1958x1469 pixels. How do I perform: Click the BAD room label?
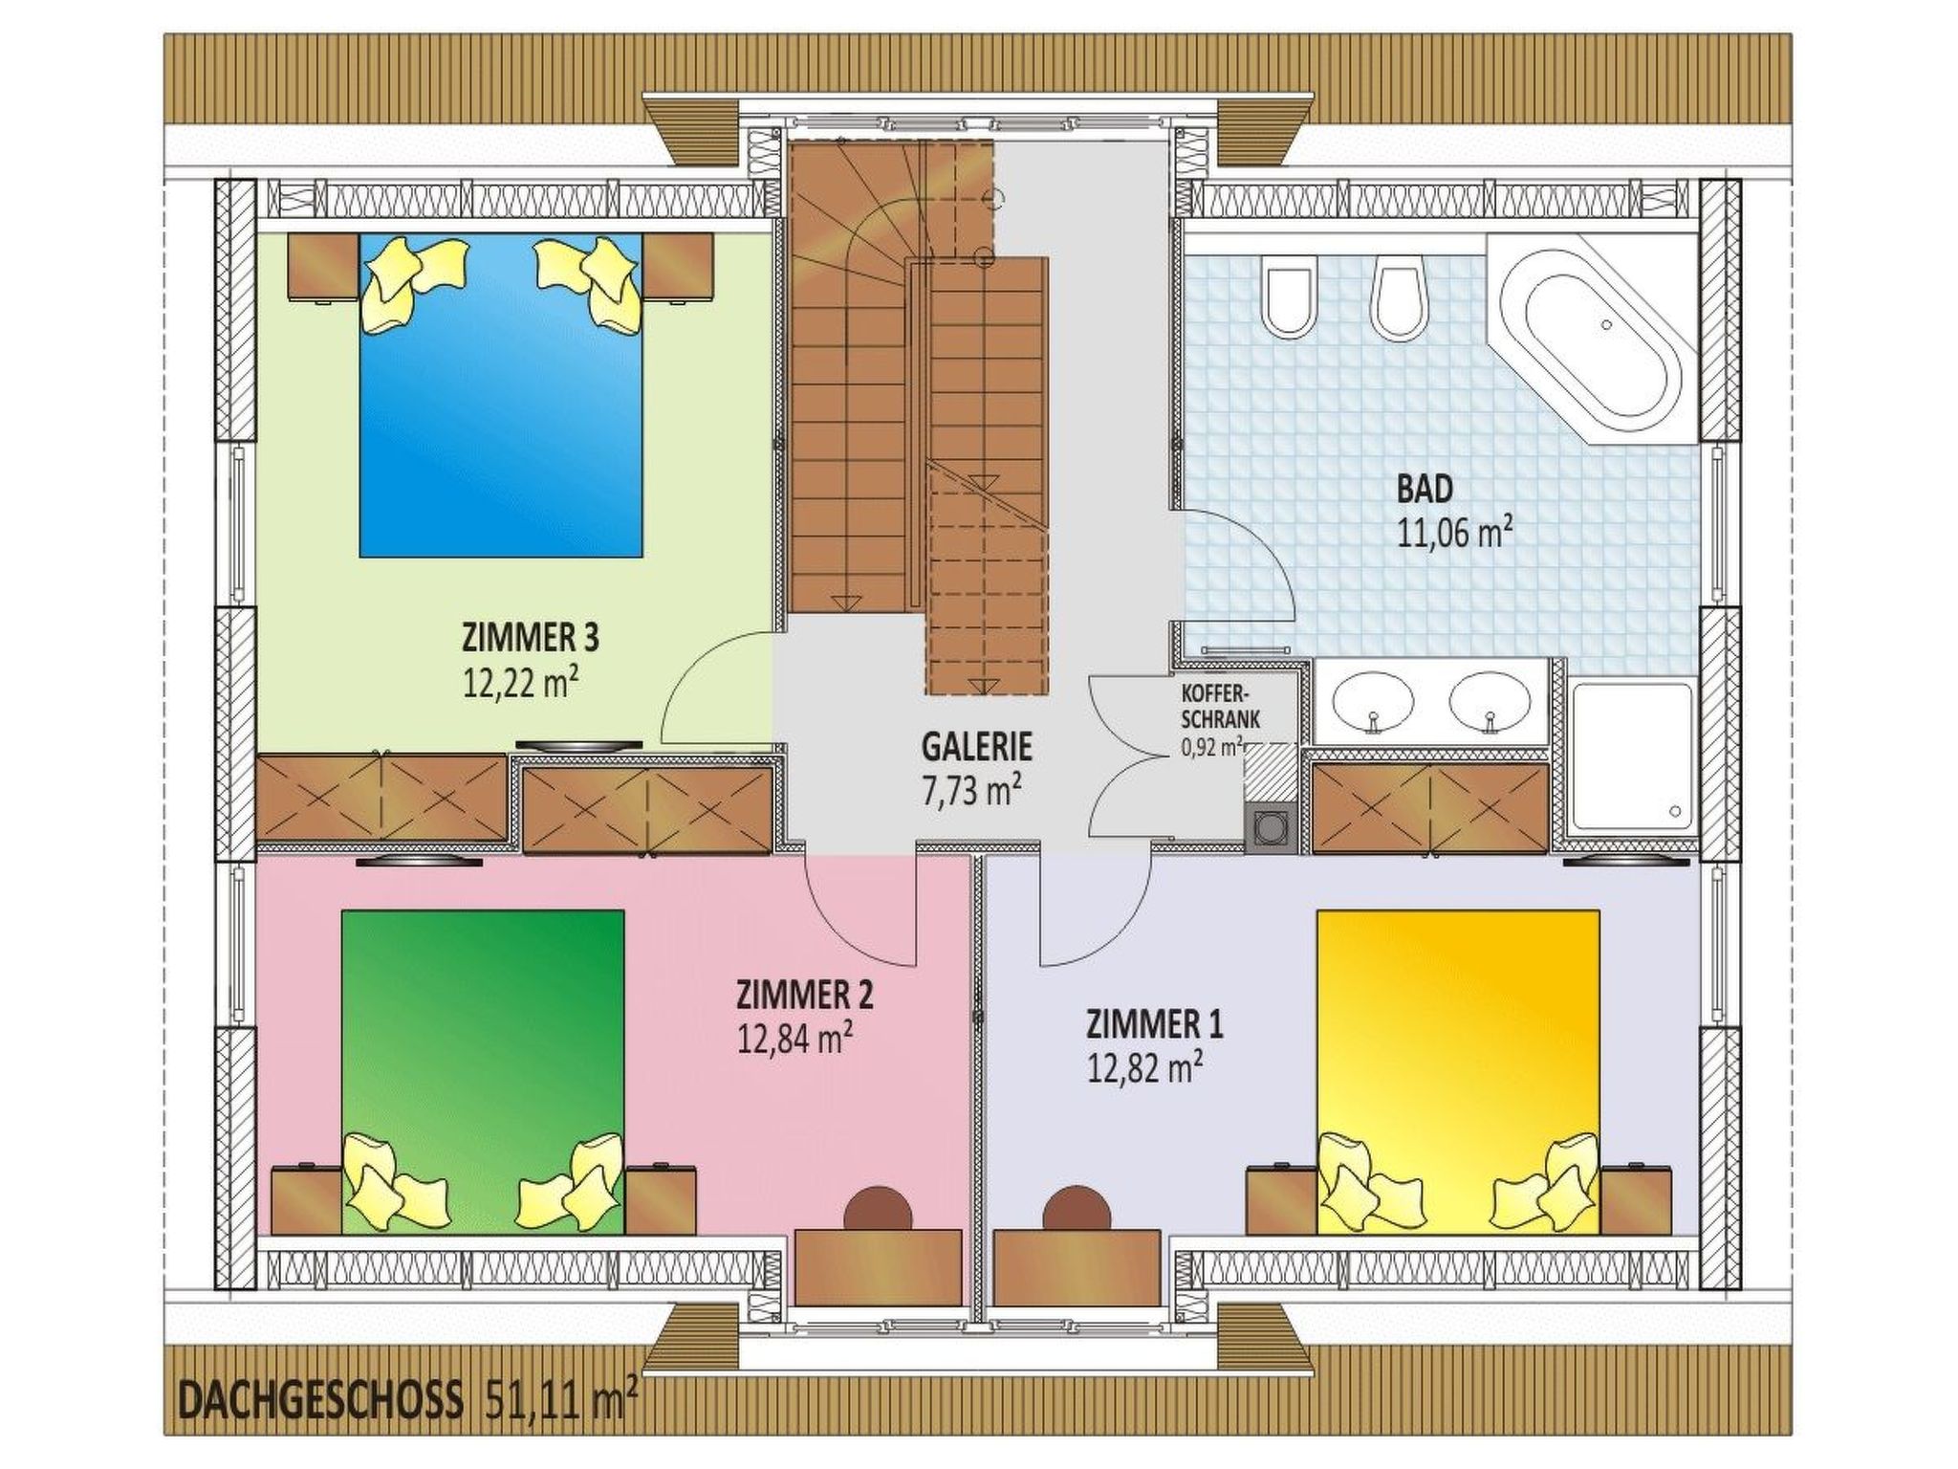(1425, 490)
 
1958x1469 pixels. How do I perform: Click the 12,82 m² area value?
(1144, 1067)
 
